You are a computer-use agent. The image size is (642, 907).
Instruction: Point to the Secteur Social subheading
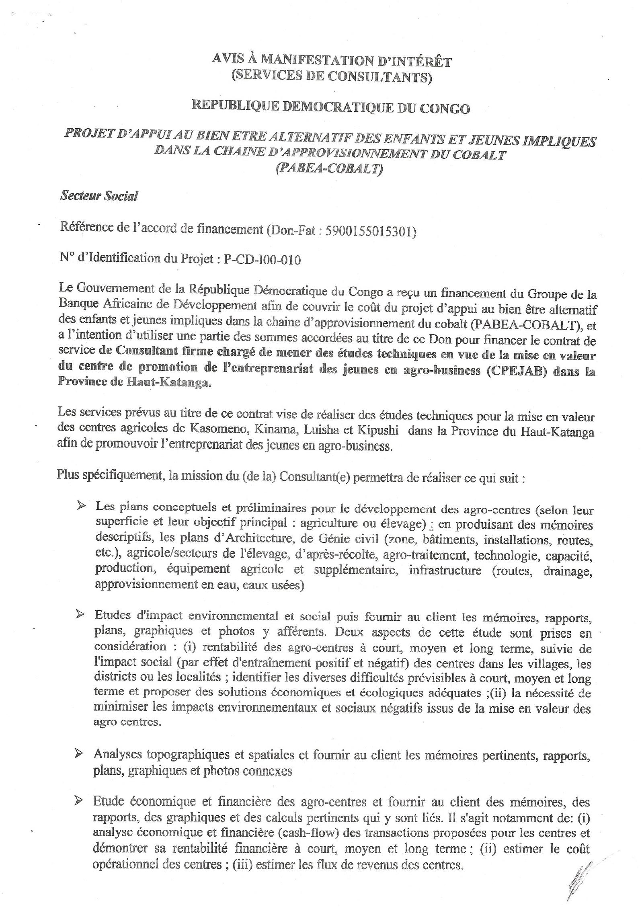[x=98, y=196]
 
